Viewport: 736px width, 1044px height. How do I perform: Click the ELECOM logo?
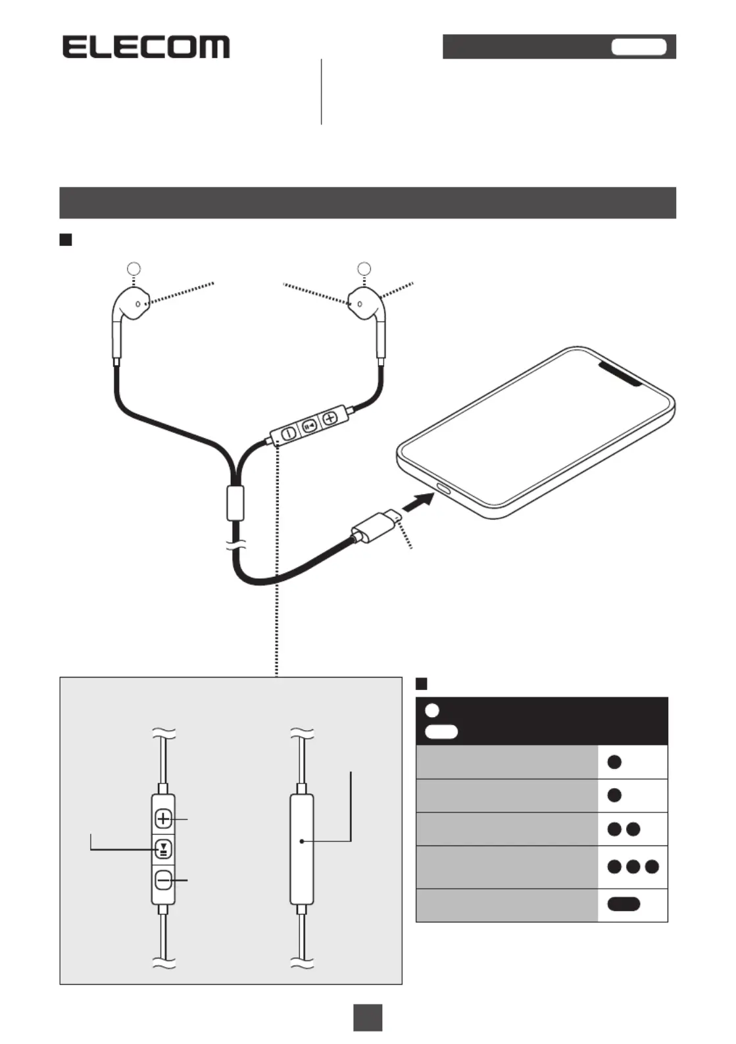(146, 47)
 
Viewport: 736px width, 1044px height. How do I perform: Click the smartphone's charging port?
(443, 489)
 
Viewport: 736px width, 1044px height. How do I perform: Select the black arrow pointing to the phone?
(418, 503)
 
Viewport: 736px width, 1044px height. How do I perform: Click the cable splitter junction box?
(235, 503)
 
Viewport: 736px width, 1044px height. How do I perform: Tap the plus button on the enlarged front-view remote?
(164, 818)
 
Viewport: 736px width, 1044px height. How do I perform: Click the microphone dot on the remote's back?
(302, 841)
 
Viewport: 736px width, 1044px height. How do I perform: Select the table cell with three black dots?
(633, 867)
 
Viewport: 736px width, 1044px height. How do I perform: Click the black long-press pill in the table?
(624, 904)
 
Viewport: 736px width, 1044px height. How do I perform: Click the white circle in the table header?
(432, 710)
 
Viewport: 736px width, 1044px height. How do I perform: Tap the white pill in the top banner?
(639, 47)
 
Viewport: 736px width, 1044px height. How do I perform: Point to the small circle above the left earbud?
(134, 268)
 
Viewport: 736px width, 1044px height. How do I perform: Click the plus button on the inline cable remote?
(330, 418)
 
